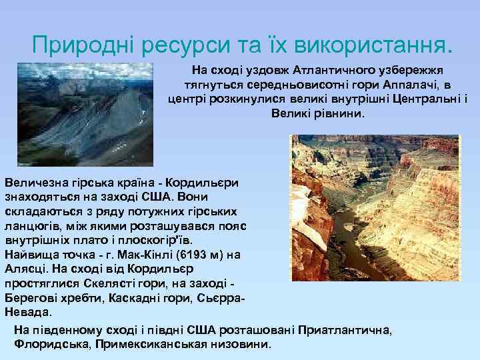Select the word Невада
(x=21, y=312)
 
